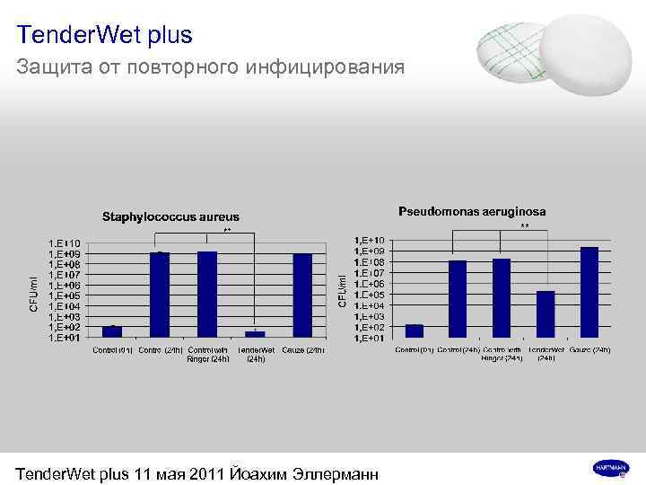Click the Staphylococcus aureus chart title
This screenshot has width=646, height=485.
tap(170, 216)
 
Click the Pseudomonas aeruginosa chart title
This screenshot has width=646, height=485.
tap(471, 212)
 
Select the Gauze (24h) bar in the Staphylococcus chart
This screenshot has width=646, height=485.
tap(302, 295)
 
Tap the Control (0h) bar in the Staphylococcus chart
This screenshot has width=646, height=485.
tap(112, 331)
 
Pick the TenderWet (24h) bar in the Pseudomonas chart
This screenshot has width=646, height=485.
tap(545, 314)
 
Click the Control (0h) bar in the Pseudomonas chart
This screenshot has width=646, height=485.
tap(414, 331)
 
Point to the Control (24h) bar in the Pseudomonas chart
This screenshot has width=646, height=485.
tap(458, 299)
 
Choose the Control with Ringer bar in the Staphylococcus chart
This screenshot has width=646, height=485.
tap(207, 295)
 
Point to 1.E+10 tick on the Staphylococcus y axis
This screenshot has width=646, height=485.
tap(64, 242)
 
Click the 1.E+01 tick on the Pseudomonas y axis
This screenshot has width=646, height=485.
tap(371, 338)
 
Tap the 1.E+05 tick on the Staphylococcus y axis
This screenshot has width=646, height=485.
tap(64, 295)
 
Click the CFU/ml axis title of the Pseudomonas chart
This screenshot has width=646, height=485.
tap(342, 288)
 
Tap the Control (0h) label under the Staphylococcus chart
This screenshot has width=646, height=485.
tap(112, 349)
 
